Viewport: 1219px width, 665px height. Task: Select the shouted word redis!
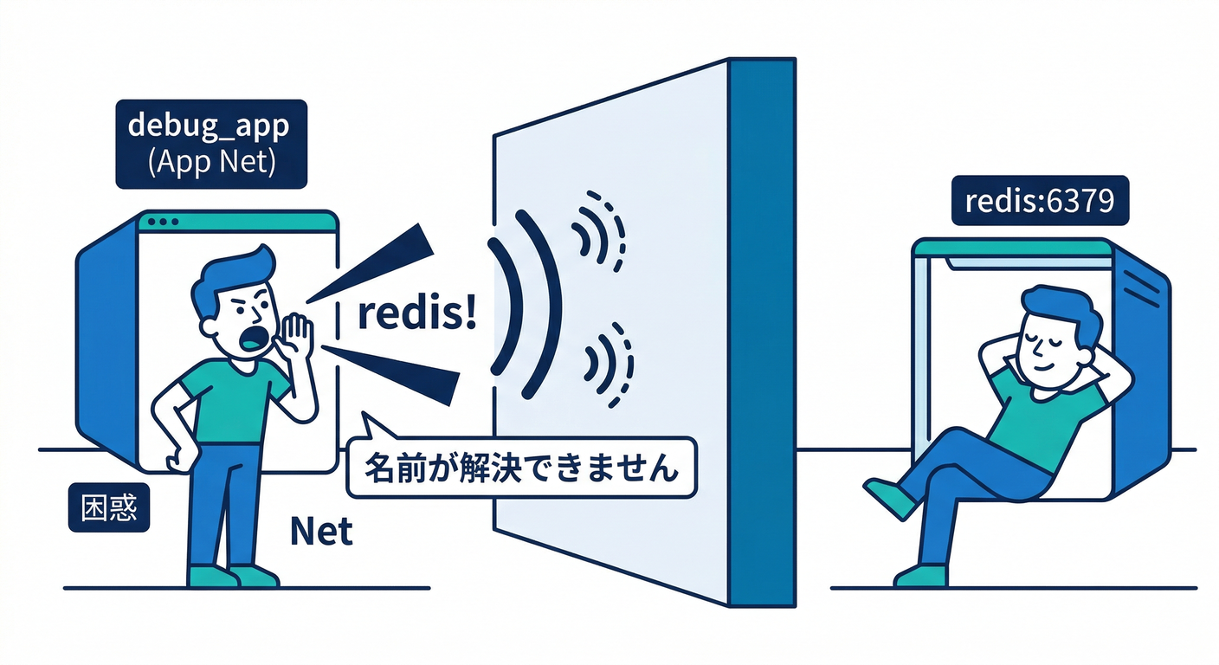coord(416,315)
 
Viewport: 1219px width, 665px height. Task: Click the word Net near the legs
coord(322,531)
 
